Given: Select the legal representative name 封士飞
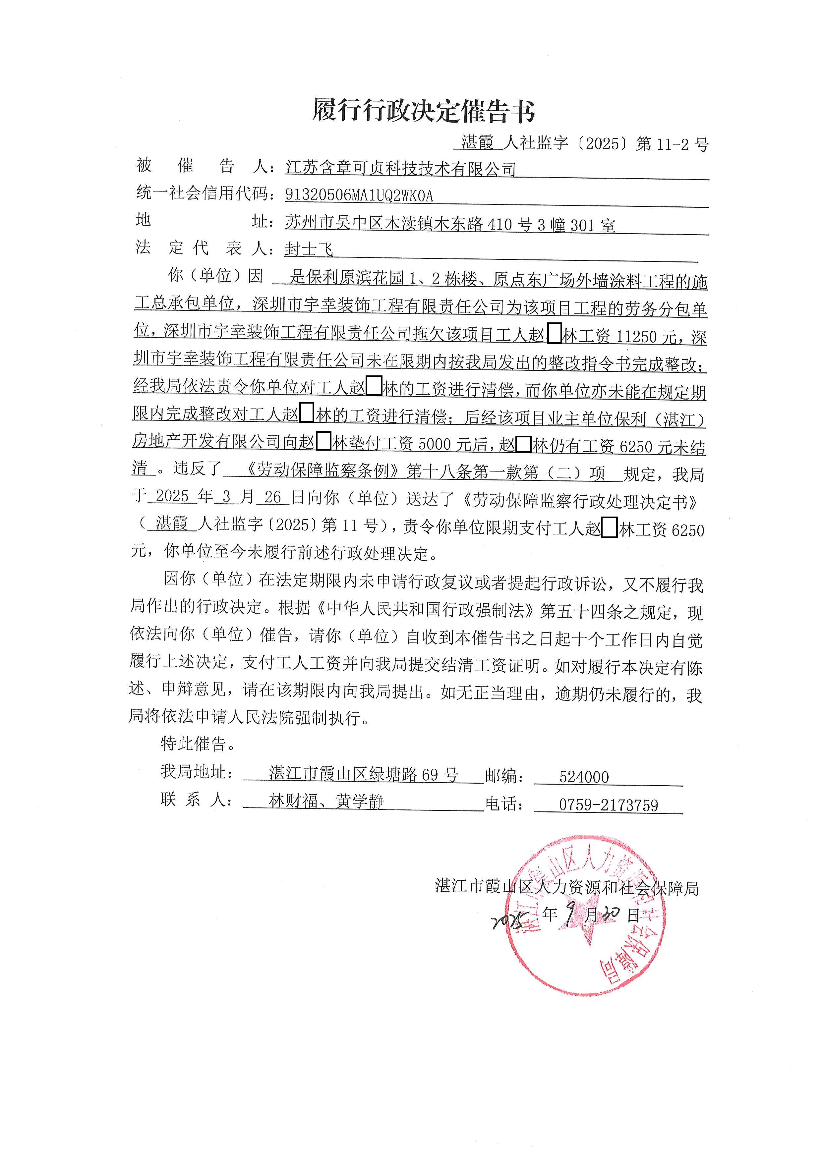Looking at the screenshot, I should [x=309, y=249].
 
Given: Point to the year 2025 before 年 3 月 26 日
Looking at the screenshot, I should [x=172, y=496].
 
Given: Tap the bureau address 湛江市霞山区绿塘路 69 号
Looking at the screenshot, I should [x=363, y=774].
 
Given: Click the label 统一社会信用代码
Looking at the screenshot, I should [x=203, y=193].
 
